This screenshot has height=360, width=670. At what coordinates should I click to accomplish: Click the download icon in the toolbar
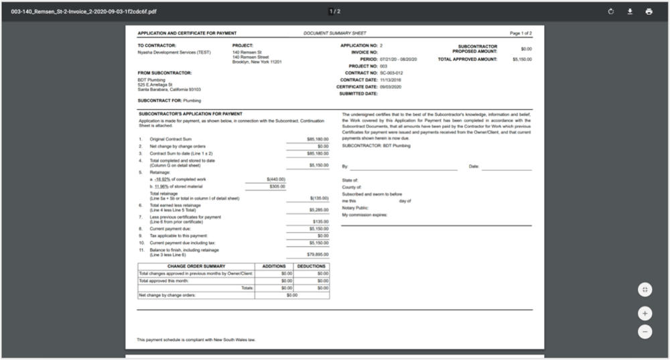630,11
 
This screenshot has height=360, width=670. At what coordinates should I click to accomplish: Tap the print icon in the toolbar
649,11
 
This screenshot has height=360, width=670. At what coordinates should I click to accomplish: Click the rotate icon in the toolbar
611,11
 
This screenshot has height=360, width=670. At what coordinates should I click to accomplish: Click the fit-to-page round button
645,289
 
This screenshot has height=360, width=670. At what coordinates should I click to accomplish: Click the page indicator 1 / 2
334,11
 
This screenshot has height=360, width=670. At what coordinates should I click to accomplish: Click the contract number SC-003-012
391,73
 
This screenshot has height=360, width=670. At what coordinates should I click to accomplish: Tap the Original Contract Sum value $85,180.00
318,139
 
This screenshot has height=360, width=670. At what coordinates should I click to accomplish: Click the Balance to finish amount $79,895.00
318,254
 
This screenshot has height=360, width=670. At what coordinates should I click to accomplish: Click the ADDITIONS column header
274,266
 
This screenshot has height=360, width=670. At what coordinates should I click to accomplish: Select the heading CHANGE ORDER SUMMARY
196,266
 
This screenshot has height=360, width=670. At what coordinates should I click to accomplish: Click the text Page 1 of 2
521,33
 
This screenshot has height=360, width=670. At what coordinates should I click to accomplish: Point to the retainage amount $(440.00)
276,180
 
